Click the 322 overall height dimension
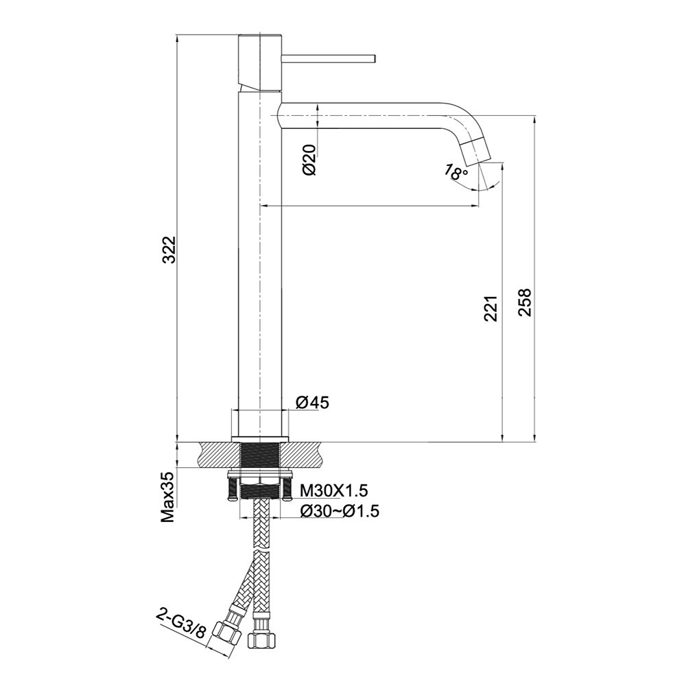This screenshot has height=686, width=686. pyautogui.click(x=169, y=250)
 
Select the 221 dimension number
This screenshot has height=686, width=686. pyautogui.click(x=491, y=309)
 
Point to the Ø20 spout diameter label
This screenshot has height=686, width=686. pyautogui.click(x=309, y=160)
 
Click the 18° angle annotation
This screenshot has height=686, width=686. pyautogui.click(x=456, y=172)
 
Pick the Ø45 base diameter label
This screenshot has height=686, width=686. pyautogui.click(x=312, y=403)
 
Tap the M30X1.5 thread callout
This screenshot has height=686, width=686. pyautogui.click(x=334, y=491)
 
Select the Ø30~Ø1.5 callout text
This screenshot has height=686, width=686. pyautogui.click(x=340, y=510)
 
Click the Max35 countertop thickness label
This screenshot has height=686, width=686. pyautogui.click(x=169, y=497)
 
